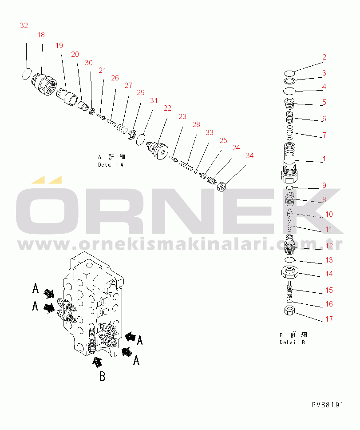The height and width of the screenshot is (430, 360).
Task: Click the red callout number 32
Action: point(24,25)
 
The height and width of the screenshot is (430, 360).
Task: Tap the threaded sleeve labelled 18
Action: point(44,84)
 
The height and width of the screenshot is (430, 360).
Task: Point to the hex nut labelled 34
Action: point(222,187)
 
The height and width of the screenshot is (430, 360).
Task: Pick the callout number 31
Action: point(154,101)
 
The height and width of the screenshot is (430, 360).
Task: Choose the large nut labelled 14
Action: point(289,272)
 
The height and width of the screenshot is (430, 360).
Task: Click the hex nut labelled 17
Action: point(289,311)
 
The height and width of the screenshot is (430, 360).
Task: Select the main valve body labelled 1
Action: point(289,163)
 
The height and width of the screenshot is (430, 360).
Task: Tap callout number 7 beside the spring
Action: point(324,135)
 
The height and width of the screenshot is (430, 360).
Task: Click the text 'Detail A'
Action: point(111,165)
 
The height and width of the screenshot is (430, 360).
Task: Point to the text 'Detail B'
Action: point(293,342)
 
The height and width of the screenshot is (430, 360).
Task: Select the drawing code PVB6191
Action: point(328,405)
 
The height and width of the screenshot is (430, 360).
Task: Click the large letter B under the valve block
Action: point(102,376)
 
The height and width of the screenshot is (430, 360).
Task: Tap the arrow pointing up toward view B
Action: point(97,362)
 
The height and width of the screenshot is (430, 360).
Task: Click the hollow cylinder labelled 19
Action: point(67,97)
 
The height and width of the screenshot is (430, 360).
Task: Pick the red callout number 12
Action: point(329,246)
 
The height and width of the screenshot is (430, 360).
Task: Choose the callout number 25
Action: point(223,140)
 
